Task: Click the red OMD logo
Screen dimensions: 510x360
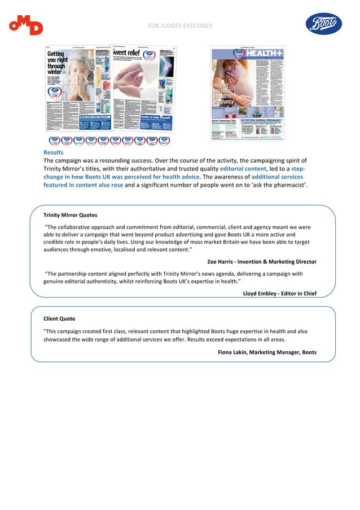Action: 26,26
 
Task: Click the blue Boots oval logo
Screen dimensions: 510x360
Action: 324,24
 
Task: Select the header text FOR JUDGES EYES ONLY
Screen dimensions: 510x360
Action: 180,26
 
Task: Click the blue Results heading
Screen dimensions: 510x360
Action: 54,152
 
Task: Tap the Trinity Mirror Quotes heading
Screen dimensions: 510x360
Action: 70,215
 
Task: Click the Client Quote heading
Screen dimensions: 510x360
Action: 59,319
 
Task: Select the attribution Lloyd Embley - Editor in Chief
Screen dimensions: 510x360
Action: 279,293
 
